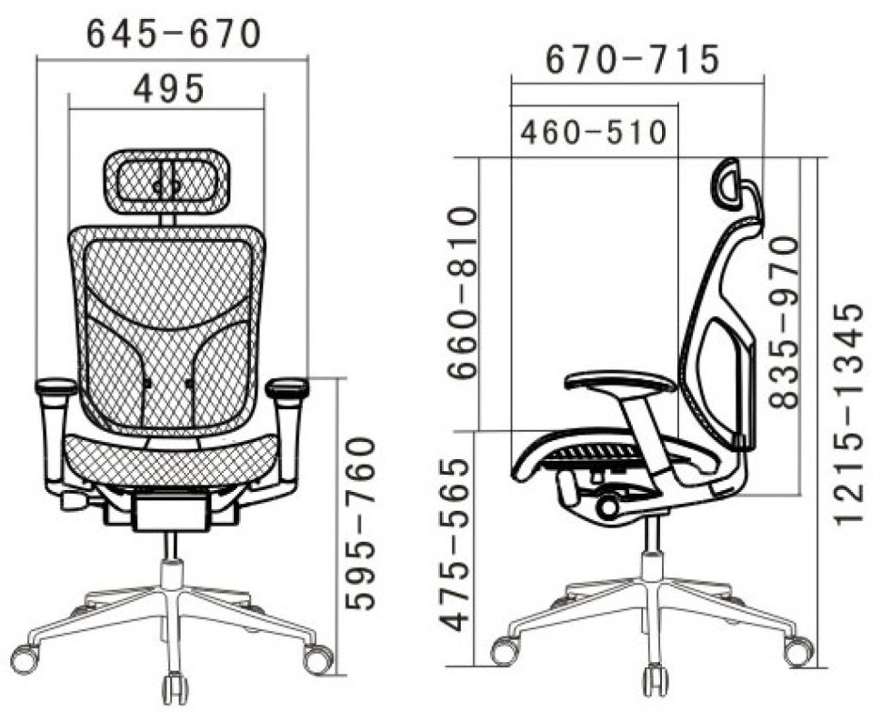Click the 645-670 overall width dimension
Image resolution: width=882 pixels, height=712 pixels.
tap(174, 34)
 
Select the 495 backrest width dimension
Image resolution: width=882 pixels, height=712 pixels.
tap(169, 89)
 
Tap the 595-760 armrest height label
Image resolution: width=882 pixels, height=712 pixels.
tap(360, 523)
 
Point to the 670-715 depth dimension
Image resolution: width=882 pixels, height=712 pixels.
tap(632, 58)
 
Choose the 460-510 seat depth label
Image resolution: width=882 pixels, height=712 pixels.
tap(594, 133)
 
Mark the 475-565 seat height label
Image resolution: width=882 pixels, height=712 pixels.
tap(455, 545)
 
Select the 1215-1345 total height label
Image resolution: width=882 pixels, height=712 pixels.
tap(848, 415)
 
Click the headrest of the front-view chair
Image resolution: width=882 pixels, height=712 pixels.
tap(166, 181)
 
